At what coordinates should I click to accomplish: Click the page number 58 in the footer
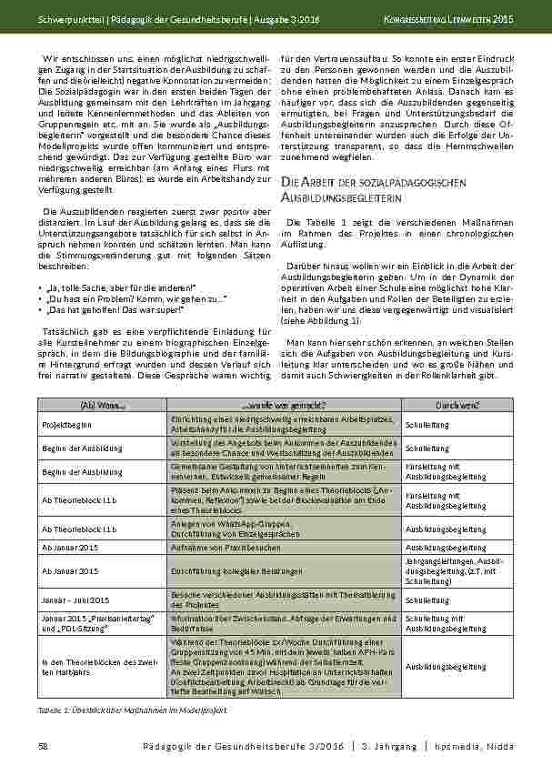[43, 746]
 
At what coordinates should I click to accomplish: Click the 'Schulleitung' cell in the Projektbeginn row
[426, 423]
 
